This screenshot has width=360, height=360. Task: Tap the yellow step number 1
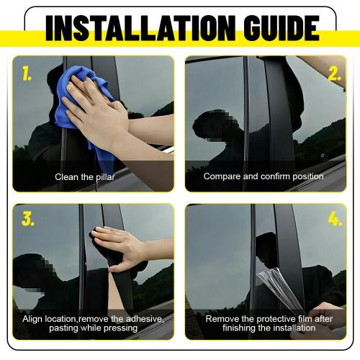click(x=27, y=73)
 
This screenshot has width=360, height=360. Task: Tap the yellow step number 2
click(x=333, y=73)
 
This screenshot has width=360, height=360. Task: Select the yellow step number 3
click(x=28, y=220)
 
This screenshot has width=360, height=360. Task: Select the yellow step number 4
click(x=333, y=219)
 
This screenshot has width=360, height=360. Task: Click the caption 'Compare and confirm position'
click(x=264, y=176)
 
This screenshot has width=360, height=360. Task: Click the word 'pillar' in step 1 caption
click(x=104, y=176)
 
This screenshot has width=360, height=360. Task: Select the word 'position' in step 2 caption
click(x=307, y=176)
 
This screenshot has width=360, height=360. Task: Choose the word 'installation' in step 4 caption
click(x=293, y=328)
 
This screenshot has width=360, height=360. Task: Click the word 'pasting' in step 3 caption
click(x=63, y=328)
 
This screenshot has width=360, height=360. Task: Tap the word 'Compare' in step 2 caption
click(x=221, y=176)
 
